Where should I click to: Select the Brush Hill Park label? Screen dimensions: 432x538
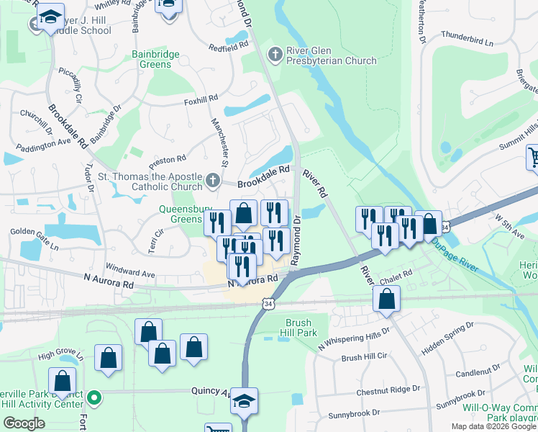click(301, 328)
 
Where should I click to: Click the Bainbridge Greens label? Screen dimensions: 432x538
click(152, 59)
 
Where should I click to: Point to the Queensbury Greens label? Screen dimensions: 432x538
click(181, 215)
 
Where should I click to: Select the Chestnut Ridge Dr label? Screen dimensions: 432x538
click(388, 391)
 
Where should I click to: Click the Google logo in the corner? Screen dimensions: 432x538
click(24, 423)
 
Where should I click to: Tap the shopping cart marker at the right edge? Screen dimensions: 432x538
click(533, 158)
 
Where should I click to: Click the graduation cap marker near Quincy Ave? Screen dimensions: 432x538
click(244, 400)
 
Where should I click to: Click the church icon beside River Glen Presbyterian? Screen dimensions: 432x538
click(274, 54)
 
